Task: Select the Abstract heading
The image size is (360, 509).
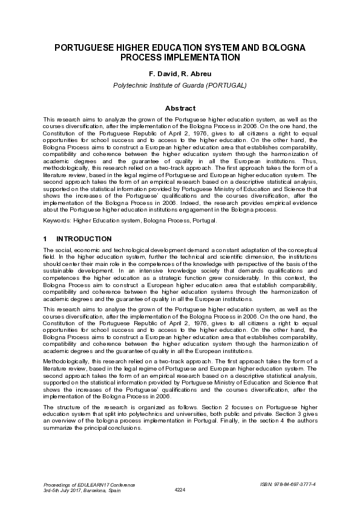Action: tap(180, 108)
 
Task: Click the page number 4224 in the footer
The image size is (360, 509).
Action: tap(180, 490)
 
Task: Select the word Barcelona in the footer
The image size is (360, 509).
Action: tap(95, 490)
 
